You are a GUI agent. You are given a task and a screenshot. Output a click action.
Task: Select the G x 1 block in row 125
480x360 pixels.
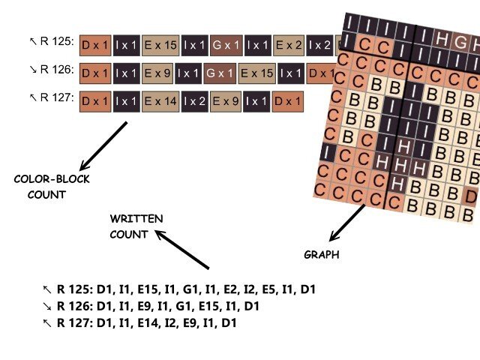(226, 45)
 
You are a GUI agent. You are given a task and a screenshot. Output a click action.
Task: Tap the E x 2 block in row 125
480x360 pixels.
(289, 45)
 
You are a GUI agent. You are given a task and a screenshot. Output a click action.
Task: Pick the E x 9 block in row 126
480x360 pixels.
(158, 73)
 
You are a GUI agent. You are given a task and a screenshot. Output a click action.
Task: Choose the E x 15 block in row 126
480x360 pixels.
(256, 73)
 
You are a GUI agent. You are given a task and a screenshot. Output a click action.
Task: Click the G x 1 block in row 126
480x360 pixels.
(220, 73)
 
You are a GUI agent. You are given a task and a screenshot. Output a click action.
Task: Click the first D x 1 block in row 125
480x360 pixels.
(94, 45)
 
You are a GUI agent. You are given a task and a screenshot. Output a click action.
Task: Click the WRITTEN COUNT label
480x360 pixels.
(136, 226)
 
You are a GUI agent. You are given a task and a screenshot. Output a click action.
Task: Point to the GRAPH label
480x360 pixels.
(321, 255)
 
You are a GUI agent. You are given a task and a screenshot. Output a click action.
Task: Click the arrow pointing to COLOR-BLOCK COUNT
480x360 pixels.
(103, 145)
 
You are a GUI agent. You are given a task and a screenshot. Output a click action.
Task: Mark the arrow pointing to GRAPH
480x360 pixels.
(348, 222)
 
